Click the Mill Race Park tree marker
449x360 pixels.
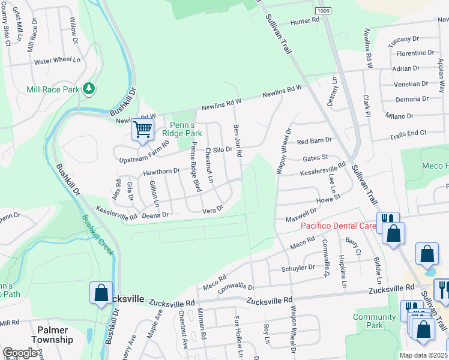[89, 89]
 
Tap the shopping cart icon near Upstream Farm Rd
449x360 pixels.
[143, 129]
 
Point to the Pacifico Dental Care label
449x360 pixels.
[338, 226]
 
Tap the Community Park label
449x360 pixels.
[375, 321]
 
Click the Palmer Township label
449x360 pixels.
[55, 335]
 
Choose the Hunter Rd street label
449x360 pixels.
[304, 21]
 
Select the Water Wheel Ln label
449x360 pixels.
[57, 61]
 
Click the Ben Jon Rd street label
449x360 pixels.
[237, 141]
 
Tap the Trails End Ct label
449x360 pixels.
[408, 133]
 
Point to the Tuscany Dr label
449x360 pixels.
[403, 39]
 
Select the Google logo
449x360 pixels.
[20, 353]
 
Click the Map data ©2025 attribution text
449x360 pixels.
[424, 355]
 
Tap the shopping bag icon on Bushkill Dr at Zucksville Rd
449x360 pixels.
[101, 292]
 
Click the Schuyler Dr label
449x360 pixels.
[298, 268]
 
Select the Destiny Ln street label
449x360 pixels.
[333, 92]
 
